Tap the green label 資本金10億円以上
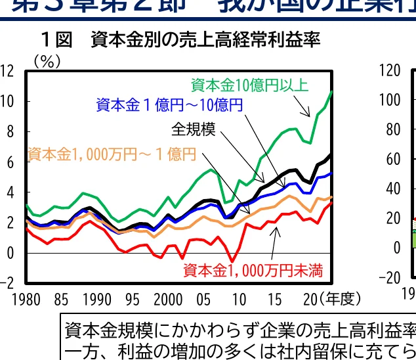tap(249, 85)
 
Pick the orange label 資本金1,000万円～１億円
tap(112, 154)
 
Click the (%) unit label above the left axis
tap(47, 62)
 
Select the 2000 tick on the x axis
tap(169, 300)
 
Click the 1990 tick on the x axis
tap(98, 300)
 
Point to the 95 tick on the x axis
tap(133, 300)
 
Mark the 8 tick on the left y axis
tap(9, 131)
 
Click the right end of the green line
tap(332, 91)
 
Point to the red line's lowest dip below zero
tap(232, 261)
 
